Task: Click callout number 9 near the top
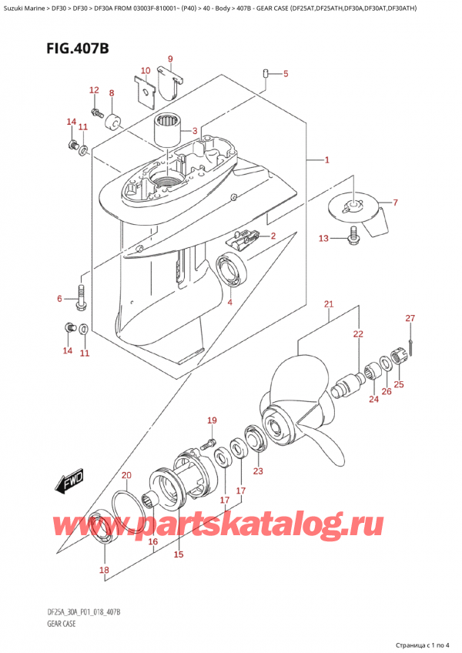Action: [x=170, y=59]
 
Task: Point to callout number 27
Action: [x=410, y=319]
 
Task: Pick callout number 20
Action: [x=126, y=476]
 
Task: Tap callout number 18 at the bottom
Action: [x=105, y=570]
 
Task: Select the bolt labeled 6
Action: [x=81, y=297]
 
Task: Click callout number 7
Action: [x=395, y=203]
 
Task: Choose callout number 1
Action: [x=327, y=159]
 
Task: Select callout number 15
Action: [x=179, y=554]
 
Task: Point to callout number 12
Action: [x=94, y=90]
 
